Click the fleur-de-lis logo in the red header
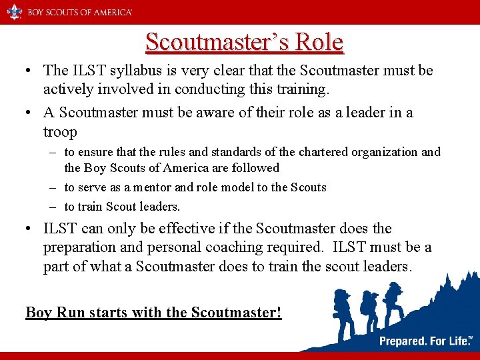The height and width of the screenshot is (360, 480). (x=14, y=11)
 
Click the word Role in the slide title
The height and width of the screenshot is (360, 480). (x=317, y=42)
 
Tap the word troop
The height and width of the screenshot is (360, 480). (x=60, y=131)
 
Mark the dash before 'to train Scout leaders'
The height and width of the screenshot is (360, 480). (x=55, y=207)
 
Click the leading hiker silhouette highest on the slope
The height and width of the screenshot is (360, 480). (x=393, y=300)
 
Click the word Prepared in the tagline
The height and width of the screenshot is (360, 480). (x=403, y=341)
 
